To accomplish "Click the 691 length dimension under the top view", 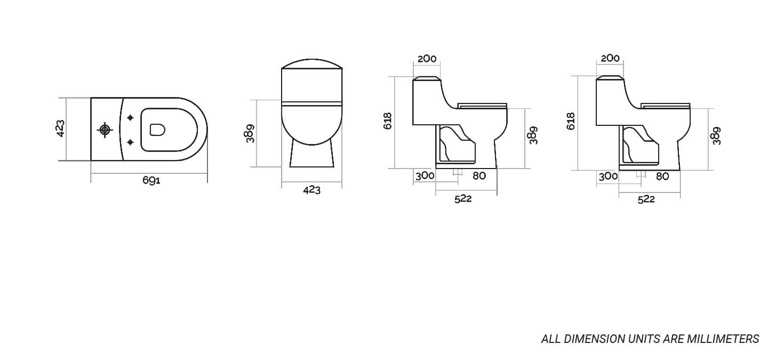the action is click(x=151, y=180).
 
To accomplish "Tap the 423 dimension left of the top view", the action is click(x=60, y=129).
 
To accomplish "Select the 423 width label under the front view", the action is click(x=312, y=190).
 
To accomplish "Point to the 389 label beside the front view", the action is click(x=250, y=134).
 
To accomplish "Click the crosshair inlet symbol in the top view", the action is click(x=105, y=130).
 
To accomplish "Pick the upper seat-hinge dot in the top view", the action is click(x=130, y=118).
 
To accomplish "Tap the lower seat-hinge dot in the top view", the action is click(x=130, y=142).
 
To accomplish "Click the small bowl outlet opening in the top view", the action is click(x=157, y=130).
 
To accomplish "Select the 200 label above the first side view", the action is click(x=427, y=59).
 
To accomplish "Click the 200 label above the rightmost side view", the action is click(x=610, y=58).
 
